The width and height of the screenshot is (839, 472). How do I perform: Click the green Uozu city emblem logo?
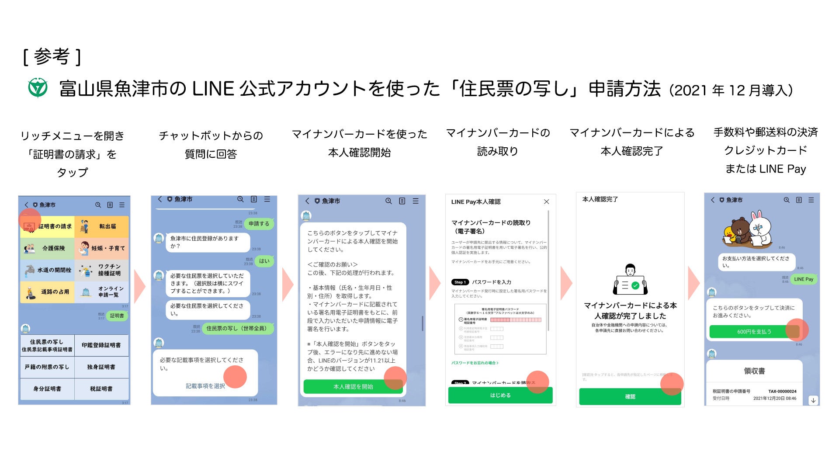coord(38,88)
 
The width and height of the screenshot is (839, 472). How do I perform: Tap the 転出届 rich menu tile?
coord(102,226)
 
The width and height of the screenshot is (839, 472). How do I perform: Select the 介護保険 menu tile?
coord(47,248)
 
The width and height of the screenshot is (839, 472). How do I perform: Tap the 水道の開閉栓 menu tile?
coord(47,270)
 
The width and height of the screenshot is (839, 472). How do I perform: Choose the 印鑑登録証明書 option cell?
coord(101,345)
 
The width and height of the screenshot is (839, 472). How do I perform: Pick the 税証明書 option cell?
coord(101,389)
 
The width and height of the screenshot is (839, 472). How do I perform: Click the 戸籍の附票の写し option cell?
coord(47,367)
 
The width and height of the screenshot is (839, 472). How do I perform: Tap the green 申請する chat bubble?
coord(259,224)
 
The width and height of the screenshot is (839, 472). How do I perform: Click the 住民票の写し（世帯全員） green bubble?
coord(236,328)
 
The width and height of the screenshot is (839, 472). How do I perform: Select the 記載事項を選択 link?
coord(205,386)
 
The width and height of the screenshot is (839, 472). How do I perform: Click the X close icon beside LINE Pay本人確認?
coord(546,201)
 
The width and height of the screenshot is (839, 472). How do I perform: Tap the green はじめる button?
coord(500,395)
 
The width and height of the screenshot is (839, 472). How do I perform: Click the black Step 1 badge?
coord(460,282)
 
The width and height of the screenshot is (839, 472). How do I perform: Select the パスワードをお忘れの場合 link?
coord(475,363)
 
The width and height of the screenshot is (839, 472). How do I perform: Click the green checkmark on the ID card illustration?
coord(635,285)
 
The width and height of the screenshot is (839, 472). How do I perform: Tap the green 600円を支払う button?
coord(754,332)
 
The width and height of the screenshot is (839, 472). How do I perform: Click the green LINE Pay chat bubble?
coord(804,279)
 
